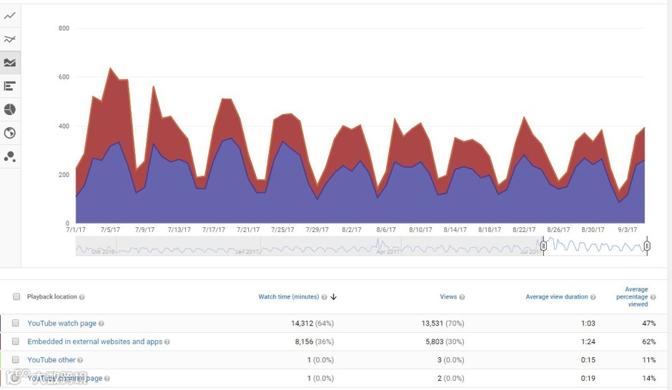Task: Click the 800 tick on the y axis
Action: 64,29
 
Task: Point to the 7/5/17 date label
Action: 110,230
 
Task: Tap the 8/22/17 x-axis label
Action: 524,230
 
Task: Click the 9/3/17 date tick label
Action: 628,230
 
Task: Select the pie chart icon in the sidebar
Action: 10,109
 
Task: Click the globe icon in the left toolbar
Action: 10,133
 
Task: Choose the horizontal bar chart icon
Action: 10,86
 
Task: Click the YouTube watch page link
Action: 61,324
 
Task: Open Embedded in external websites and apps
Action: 95,342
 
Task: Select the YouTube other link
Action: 51,360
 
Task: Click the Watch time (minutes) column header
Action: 288,297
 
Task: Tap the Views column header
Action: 448,297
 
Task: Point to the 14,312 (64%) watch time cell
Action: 312,324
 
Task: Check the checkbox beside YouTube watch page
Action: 16,324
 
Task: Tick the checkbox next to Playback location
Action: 16,297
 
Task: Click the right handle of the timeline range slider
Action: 647,246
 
